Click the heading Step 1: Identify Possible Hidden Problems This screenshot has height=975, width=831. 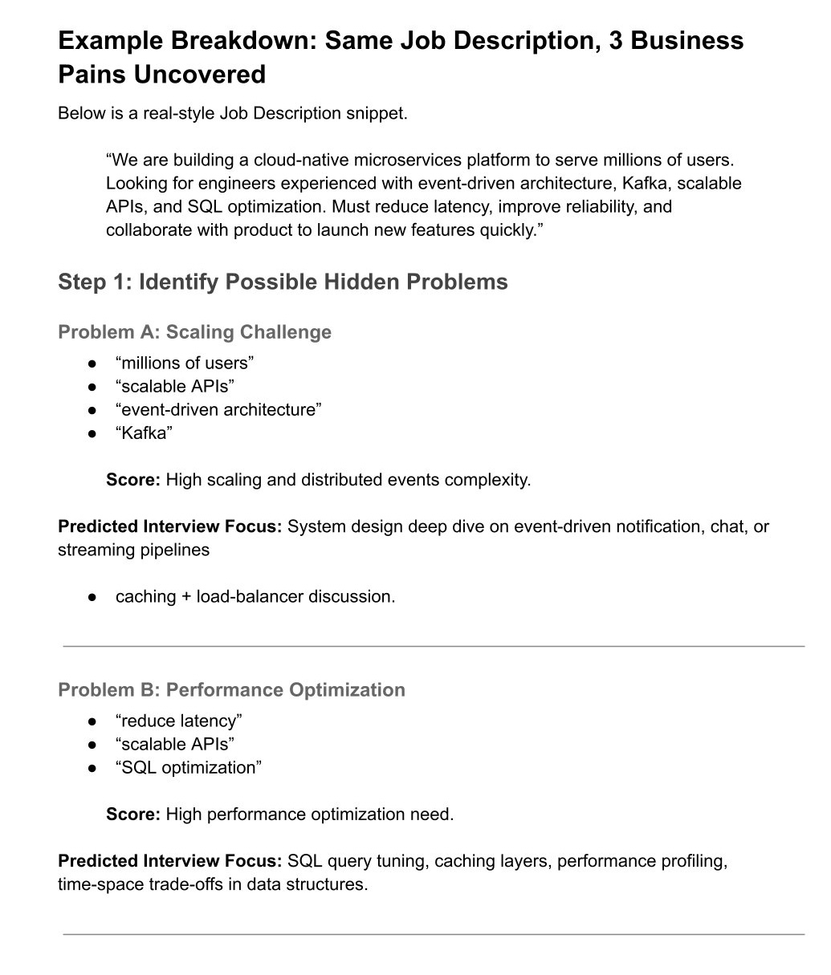[283, 282]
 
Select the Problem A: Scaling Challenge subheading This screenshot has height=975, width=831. [194, 332]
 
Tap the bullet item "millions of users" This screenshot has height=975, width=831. [185, 363]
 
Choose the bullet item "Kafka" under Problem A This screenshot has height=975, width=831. [145, 433]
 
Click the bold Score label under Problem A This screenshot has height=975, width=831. [133, 480]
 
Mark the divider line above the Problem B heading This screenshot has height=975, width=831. [434, 645]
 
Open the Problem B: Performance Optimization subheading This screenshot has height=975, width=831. [231, 690]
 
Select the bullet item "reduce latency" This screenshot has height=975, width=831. [179, 721]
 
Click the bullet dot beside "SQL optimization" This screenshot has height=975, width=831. [93, 768]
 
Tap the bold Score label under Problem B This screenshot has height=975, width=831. [133, 815]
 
